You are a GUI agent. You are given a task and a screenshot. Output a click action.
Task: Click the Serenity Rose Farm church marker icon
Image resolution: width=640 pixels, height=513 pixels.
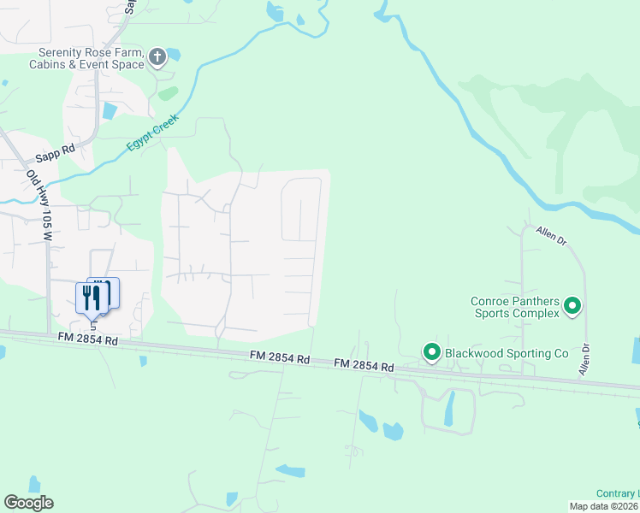[x=157, y=57]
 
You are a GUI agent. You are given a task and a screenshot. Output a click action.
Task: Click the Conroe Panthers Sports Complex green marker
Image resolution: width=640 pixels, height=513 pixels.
[x=573, y=305]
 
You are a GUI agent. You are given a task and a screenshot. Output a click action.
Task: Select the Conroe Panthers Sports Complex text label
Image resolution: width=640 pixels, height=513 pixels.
[x=515, y=307]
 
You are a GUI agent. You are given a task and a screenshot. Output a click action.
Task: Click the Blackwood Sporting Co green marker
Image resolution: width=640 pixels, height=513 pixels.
[x=432, y=351]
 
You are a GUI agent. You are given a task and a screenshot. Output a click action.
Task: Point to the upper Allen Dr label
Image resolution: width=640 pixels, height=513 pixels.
[x=552, y=235]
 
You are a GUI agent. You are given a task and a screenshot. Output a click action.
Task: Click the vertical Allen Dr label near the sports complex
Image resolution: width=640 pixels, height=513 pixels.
[x=584, y=360]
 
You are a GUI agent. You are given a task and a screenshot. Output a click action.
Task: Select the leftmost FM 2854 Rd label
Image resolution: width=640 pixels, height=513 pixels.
[x=87, y=340]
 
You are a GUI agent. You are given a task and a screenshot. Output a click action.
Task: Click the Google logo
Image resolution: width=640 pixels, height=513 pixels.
[x=28, y=503]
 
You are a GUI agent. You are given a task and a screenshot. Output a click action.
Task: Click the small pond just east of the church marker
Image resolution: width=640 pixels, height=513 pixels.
[x=174, y=54]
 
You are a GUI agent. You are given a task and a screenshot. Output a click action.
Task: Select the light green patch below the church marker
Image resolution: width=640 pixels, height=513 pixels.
[x=168, y=92]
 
